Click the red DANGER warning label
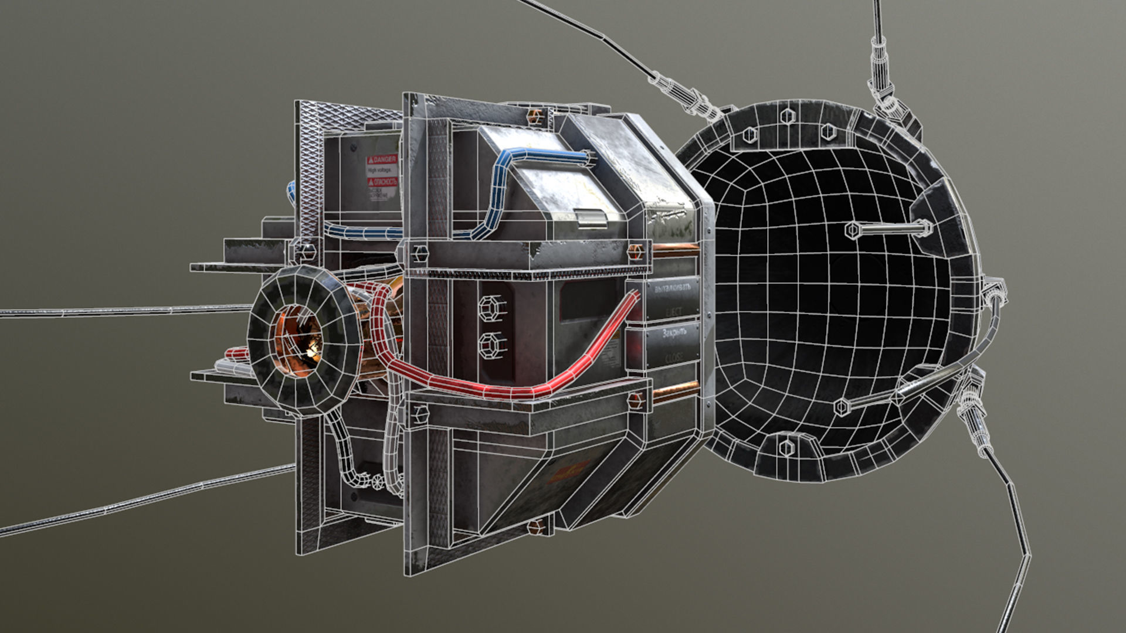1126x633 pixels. [x=382, y=159]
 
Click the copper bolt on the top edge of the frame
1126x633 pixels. [x=535, y=116]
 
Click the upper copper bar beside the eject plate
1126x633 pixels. [x=674, y=251]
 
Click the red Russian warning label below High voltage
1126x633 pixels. [x=382, y=182]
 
